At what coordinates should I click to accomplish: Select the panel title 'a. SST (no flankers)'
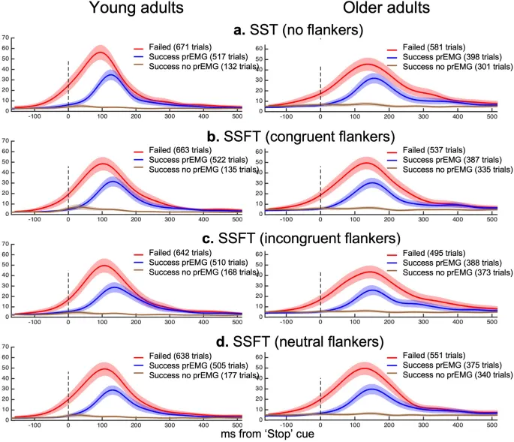[x=257, y=30]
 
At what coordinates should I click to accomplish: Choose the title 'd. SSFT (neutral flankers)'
[x=257, y=342]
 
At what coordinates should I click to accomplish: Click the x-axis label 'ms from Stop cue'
[x=257, y=434]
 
